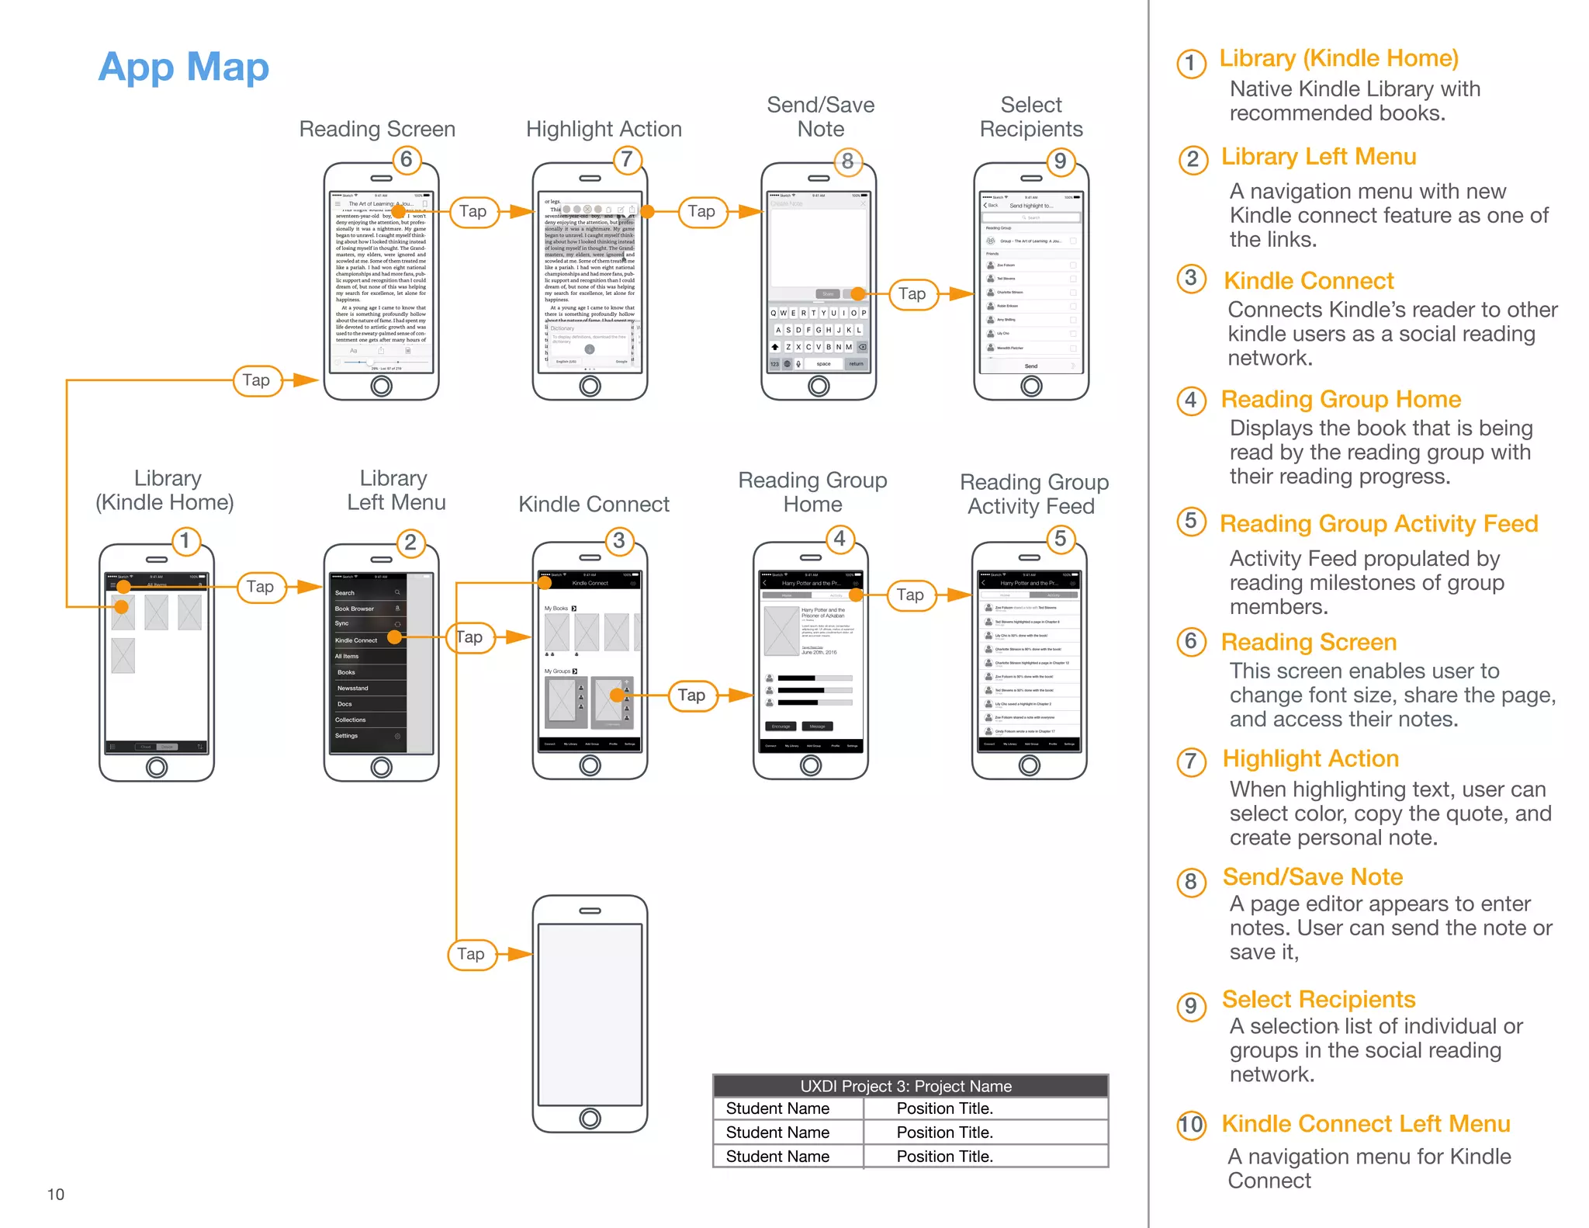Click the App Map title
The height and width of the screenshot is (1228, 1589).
click(183, 67)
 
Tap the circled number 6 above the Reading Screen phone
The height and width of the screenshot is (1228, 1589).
click(406, 159)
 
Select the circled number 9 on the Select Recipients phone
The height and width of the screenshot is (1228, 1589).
click(1060, 161)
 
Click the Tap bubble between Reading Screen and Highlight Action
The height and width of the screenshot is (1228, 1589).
click(473, 211)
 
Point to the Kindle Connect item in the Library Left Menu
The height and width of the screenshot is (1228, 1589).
click(356, 640)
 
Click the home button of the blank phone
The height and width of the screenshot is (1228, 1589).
click(590, 1118)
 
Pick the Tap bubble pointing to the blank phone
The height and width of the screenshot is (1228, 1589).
click(471, 954)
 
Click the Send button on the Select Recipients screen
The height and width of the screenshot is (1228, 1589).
click(1030, 366)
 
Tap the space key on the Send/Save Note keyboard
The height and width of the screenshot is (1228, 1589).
click(823, 363)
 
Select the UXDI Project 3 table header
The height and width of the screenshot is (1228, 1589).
click(909, 1086)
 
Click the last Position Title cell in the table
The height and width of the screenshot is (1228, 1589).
click(945, 1157)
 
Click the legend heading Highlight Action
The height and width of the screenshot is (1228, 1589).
click(1310, 758)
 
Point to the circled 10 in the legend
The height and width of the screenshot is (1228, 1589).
click(1191, 1125)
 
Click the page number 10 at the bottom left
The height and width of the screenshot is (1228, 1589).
click(56, 1194)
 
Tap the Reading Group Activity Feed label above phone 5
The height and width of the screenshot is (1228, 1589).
click(1033, 494)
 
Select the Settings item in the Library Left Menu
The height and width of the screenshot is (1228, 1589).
click(347, 735)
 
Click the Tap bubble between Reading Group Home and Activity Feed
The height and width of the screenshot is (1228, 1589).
click(910, 595)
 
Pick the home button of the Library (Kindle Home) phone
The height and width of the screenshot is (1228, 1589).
click(157, 767)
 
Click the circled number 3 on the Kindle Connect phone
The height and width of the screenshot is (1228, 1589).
click(618, 540)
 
